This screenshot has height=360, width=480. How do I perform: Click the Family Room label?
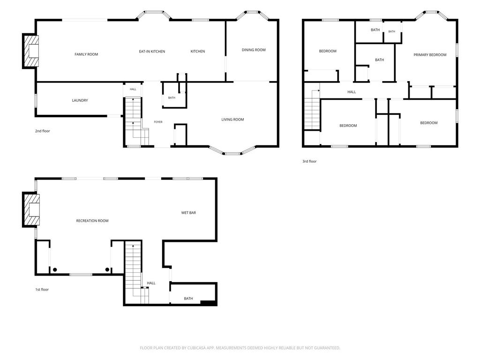point(86,54)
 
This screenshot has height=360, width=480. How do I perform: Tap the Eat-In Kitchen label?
point(152,52)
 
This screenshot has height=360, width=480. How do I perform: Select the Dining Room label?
point(254,50)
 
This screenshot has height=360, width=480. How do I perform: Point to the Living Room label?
point(232,120)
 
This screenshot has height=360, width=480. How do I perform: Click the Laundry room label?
point(80,100)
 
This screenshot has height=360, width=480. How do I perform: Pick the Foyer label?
point(158,122)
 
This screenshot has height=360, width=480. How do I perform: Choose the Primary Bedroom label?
point(430,55)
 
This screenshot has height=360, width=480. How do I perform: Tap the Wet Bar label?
point(188,212)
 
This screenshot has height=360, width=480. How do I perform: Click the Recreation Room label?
point(92,221)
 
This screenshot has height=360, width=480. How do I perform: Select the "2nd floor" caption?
point(42,131)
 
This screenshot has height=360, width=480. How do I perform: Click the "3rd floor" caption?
point(309,161)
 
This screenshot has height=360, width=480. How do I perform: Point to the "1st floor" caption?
point(42,289)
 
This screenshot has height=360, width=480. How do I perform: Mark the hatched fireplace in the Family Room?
point(30,51)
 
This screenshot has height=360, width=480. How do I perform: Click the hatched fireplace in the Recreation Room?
point(31,210)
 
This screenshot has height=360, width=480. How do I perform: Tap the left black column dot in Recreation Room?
point(55,270)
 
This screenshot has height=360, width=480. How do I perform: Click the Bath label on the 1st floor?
point(188,299)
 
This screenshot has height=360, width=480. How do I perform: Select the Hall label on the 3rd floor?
point(352,92)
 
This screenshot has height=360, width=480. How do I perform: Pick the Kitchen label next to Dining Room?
point(198,52)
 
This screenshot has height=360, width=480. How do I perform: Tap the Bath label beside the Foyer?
point(172,97)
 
